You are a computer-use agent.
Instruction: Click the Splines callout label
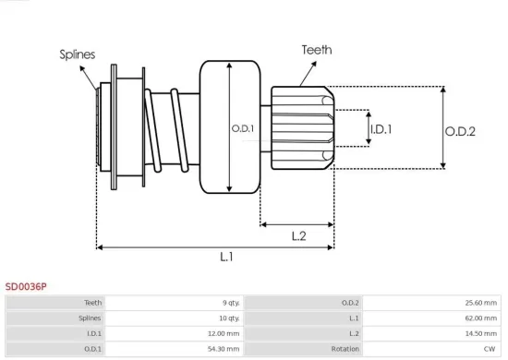coord(78,54)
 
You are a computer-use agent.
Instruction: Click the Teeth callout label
coord(317,50)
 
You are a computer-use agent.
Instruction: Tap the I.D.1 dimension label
coord(381,129)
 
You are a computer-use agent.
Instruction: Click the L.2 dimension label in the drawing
coord(298,236)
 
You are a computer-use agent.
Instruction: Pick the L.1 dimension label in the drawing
coord(226,258)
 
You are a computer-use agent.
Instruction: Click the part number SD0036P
coord(25,286)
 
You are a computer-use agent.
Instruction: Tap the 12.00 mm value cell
coord(224,333)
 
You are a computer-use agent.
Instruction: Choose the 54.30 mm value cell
coord(224,349)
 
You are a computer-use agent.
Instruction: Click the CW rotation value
coord(490,349)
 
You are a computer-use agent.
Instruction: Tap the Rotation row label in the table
coord(345,349)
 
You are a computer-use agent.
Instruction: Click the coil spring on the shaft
coord(172,129)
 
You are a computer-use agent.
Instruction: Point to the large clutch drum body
coord(229,127)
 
